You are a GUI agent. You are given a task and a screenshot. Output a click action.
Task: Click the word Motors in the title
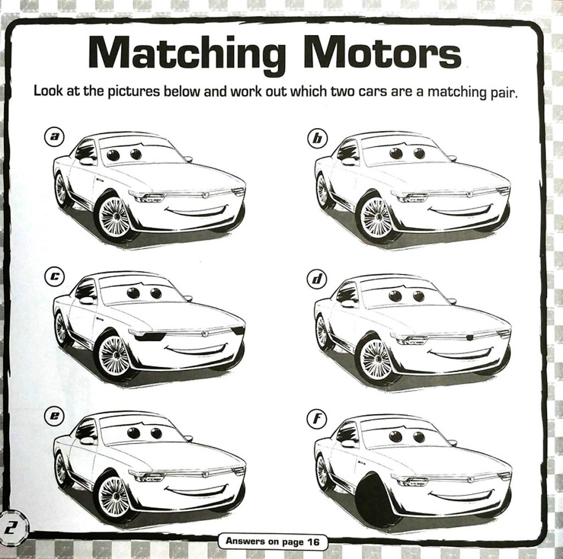click(383, 53)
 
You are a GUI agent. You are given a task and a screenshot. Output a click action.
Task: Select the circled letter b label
click(316, 138)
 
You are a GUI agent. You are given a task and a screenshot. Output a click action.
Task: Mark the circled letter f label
click(316, 420)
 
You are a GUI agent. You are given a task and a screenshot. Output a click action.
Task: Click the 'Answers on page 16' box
click(272, 541)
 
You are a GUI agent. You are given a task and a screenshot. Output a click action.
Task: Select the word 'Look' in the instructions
click(48, 91)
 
